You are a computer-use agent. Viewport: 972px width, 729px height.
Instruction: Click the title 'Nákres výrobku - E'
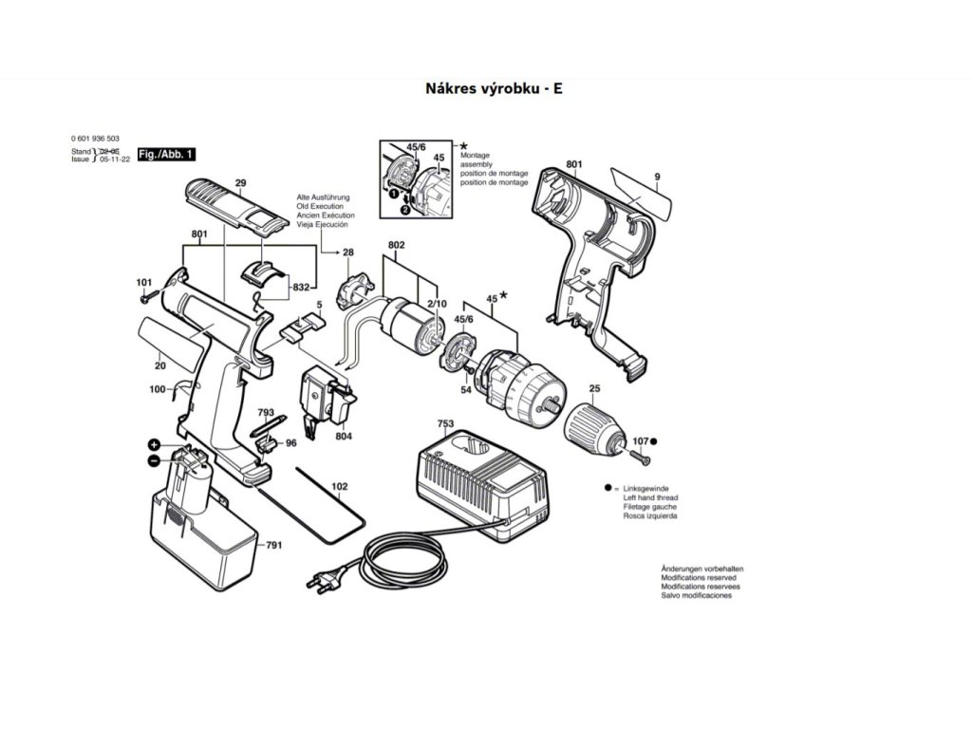pos(486,88)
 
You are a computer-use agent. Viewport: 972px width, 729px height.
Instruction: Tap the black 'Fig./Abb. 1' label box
pos(166,154)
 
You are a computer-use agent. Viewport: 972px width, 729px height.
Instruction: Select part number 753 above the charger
pos(445,423)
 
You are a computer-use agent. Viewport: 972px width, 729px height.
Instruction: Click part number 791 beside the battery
pos(273,546)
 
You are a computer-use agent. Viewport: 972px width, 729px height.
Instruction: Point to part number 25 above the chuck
pos(594,389)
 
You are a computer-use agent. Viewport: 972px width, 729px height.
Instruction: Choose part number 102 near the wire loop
pos(339,487)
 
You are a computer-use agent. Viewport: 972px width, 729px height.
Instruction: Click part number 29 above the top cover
pos(240,182)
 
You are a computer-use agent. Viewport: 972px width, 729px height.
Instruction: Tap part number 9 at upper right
pos(656,177)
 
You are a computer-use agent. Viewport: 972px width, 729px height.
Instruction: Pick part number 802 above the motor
pos(397,246)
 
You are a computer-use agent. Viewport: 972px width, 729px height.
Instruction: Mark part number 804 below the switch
pos(343,436)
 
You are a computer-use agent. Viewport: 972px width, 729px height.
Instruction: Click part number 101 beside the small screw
pos(143,283)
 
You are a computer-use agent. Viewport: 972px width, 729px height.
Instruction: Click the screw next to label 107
pos(637,458)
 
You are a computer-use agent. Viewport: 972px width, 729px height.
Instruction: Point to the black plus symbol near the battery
pos(154,445)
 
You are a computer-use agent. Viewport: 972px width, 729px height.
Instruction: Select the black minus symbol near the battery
pos(154,460)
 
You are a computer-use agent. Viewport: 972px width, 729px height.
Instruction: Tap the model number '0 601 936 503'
pos(95,139)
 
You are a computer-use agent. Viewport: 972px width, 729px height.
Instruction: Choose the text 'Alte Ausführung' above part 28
pos(323,196)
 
